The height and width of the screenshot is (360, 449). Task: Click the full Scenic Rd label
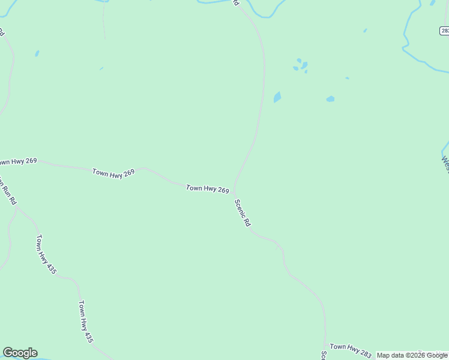[x=243, y=213]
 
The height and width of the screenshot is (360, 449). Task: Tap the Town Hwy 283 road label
[x=351, y=347]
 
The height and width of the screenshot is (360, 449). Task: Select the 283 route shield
[x=444, y=31]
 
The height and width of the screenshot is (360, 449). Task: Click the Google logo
[x=20, y=353]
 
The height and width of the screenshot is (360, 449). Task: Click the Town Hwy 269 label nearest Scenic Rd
[x=207, y=189]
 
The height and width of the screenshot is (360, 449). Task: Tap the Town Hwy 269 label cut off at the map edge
[x=18, y=161]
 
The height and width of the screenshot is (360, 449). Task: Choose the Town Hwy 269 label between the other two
[x=113, y=173]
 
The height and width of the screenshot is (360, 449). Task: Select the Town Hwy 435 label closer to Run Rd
[x=46, y=254]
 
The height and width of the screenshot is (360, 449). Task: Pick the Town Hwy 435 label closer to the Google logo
[x=86, y=321]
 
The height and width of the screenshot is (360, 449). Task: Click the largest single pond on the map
[x=277, y=97]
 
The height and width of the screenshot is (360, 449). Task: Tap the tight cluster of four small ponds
[x=300, y=65]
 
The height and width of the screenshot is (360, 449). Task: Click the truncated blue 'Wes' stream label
[x=445, y=164]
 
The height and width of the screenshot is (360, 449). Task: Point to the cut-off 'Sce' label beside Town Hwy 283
[x=324, y=355]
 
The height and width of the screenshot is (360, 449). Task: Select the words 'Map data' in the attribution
[x=390, y=355]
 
